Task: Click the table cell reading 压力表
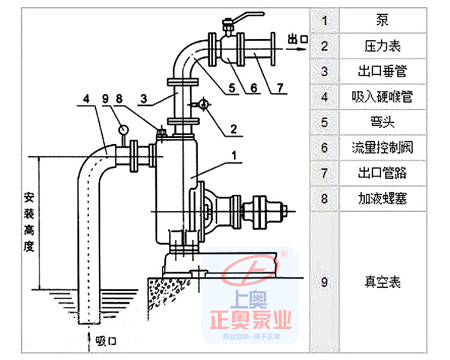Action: [x=382, y=46]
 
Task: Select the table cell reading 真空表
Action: [x=382, y=281]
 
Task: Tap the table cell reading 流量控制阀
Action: [x=382, y=147]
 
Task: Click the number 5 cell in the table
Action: [x=325, y=122]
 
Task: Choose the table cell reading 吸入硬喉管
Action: [x=382, y=96]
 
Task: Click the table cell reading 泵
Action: [x=382, y=20]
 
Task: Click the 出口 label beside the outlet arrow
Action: [x=298, y=40]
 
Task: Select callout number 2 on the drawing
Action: [x=232, y=128]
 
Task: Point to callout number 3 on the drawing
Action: [x=143, y=98]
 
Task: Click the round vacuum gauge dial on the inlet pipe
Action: [x=124, y=128]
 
